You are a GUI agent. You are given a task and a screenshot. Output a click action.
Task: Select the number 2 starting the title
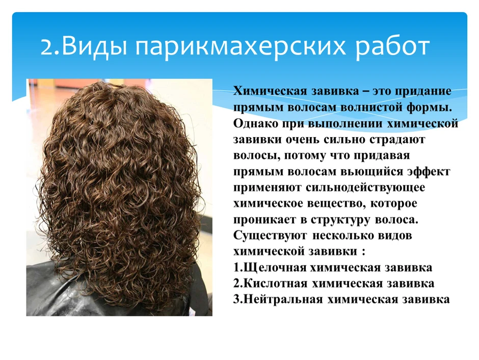[46, 47]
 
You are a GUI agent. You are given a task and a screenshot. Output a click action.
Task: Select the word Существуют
[270, 236]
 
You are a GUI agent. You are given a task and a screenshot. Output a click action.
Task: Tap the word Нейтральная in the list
[283, 299]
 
